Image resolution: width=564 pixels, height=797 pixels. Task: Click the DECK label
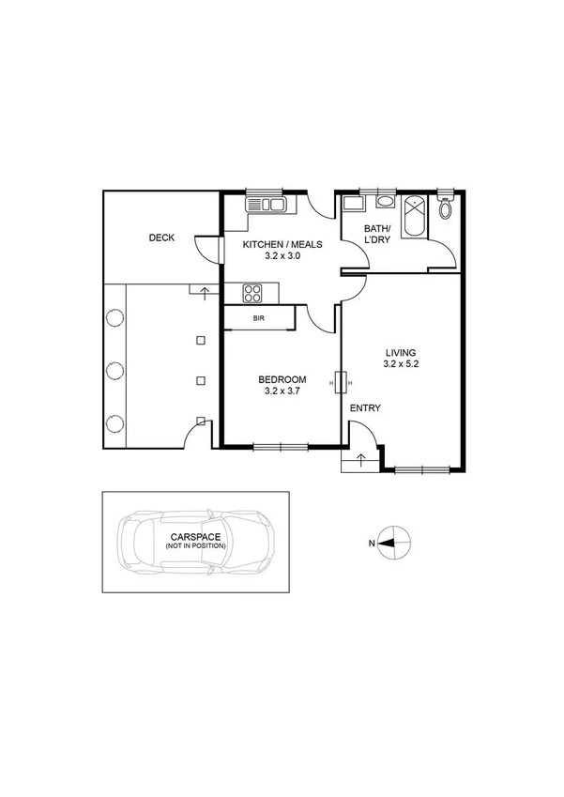click(161, 238)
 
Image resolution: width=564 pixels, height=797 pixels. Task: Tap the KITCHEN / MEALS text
click(282, 245)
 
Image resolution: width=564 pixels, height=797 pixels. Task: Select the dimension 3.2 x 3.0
click(282, 256)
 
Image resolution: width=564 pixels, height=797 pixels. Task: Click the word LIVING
click(400, 352)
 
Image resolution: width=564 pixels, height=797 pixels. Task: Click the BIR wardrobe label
click(258, 319)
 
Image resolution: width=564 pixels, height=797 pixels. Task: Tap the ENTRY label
click(365, 408)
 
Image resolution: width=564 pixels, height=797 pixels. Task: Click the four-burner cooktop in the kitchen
click(252, 293)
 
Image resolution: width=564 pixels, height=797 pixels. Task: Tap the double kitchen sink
click(266, 204)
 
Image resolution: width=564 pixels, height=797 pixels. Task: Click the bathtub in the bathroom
click(414, 218)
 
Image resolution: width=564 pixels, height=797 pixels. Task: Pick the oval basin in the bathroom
click(385, 201)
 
